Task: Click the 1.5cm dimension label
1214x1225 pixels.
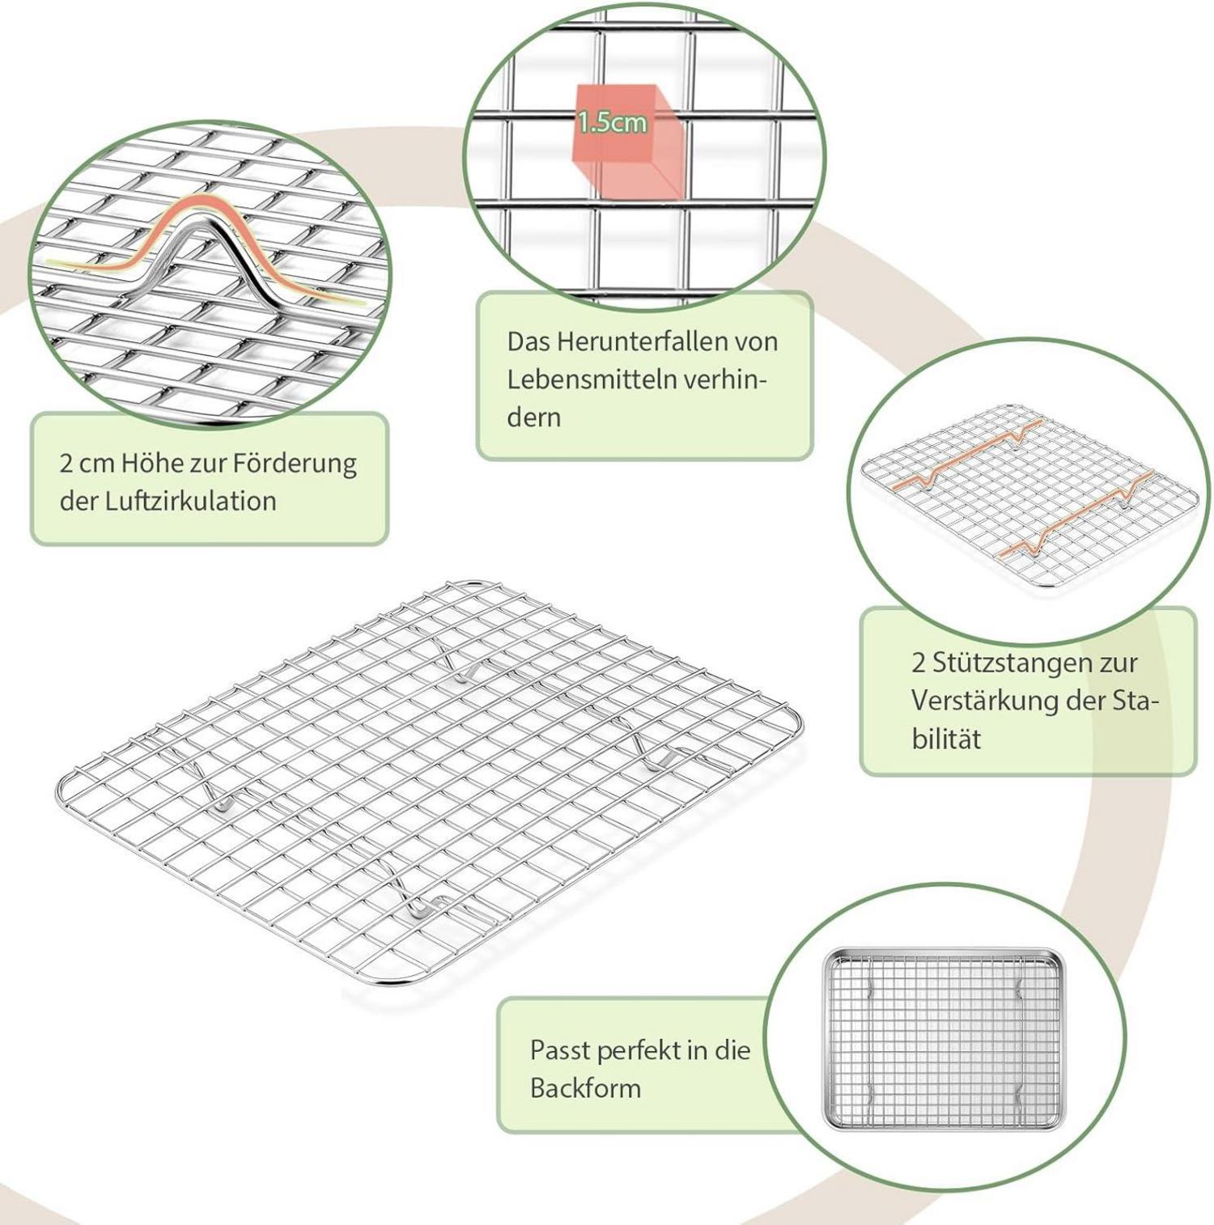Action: click(612, 122)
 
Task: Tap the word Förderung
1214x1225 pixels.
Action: click(295, 464)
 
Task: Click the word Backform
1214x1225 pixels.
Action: click(585, 1088)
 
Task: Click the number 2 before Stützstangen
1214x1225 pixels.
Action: click(918, 663)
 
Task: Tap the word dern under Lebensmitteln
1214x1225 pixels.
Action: click(534, 418)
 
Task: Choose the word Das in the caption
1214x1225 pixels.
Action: click(527, 341)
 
